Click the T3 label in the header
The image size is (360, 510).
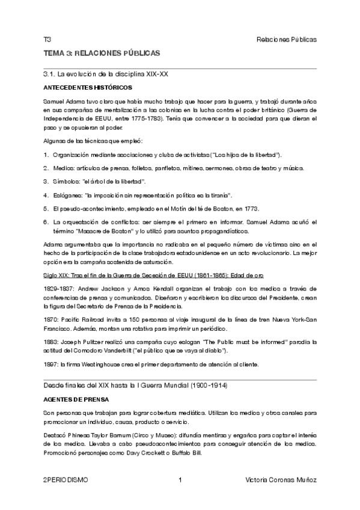(x=47, y=40)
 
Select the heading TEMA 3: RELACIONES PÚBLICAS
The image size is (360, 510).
(x=101, y=53)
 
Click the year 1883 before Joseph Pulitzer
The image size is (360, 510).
(x=51, y=341)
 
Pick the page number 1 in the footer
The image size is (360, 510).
(x=180, y=480)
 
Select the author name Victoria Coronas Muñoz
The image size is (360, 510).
(x=281, y=480)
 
